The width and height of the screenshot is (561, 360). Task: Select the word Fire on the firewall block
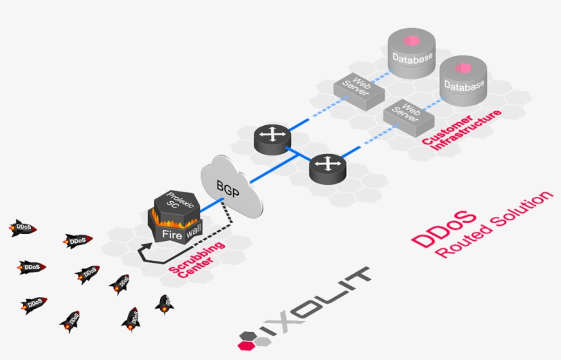pos(170,235)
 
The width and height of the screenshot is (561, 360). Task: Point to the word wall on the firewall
pos(195,231)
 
